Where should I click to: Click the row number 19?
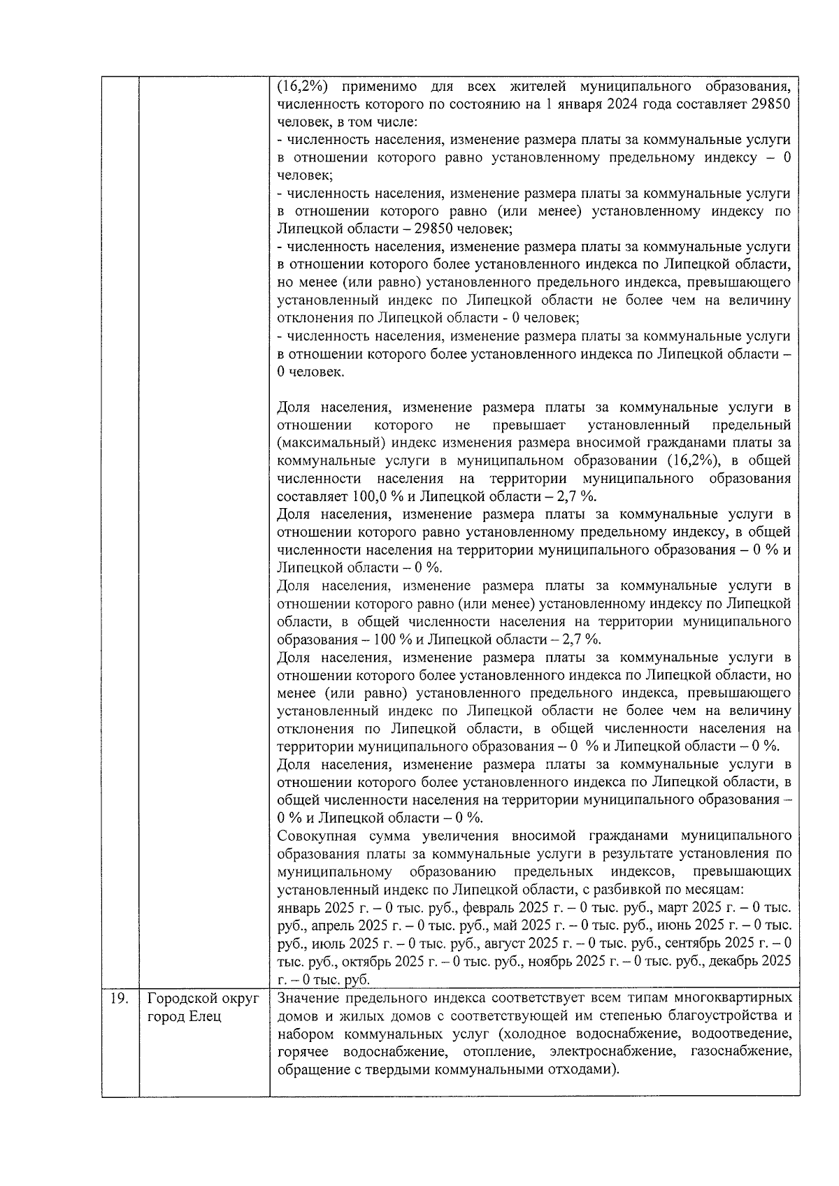tap(119, 998)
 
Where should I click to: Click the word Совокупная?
tap(313, 836)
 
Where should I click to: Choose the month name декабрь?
tap(734, 961)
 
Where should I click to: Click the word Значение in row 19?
tap(310, 997)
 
